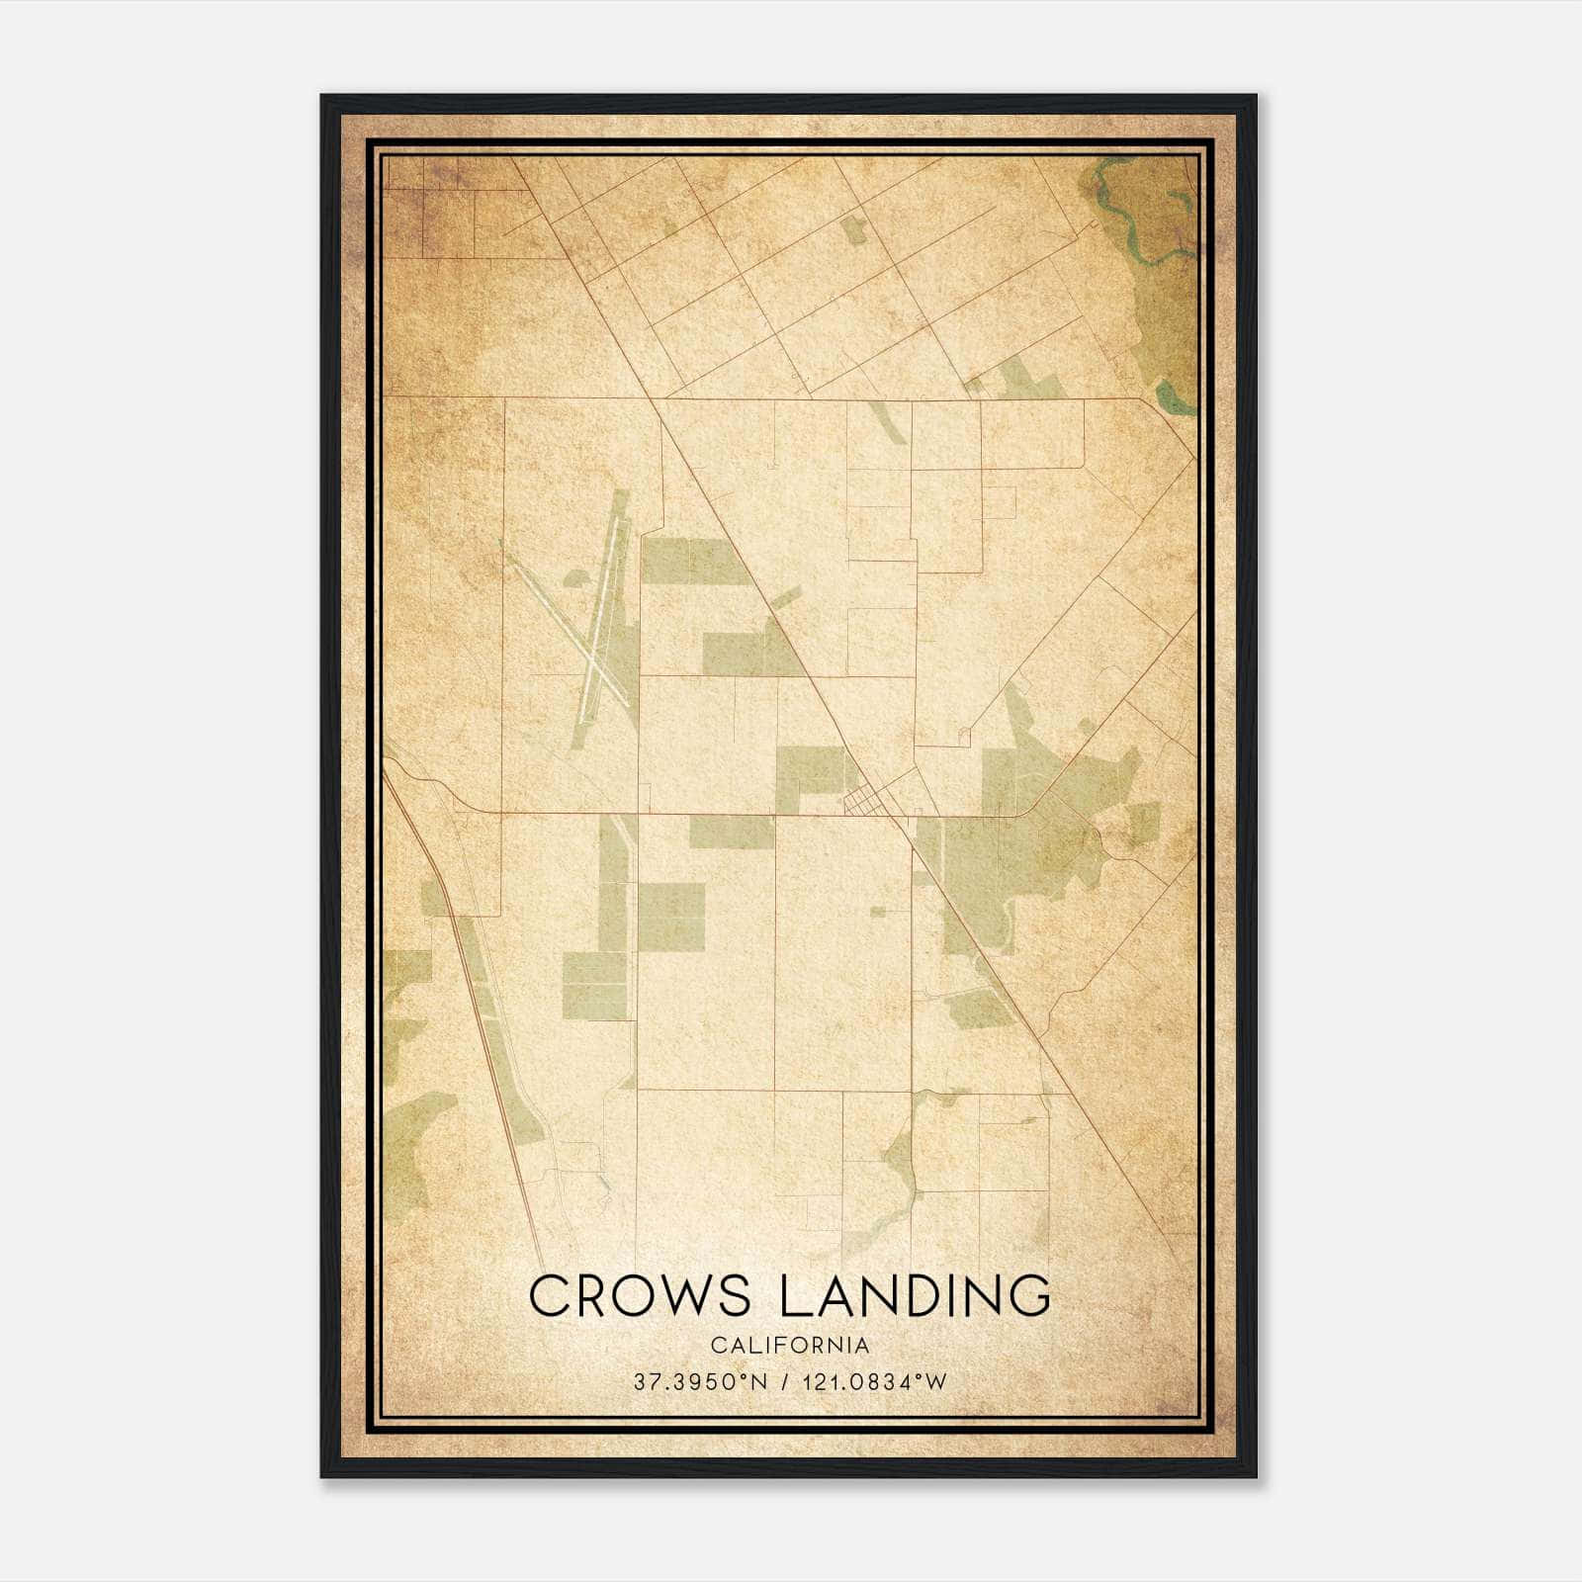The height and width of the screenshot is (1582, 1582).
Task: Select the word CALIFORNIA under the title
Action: coord(790,1346)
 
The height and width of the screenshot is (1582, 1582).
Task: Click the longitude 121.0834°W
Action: coord(876,1382)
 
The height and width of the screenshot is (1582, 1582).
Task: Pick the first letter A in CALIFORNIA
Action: coord(729,1346)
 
